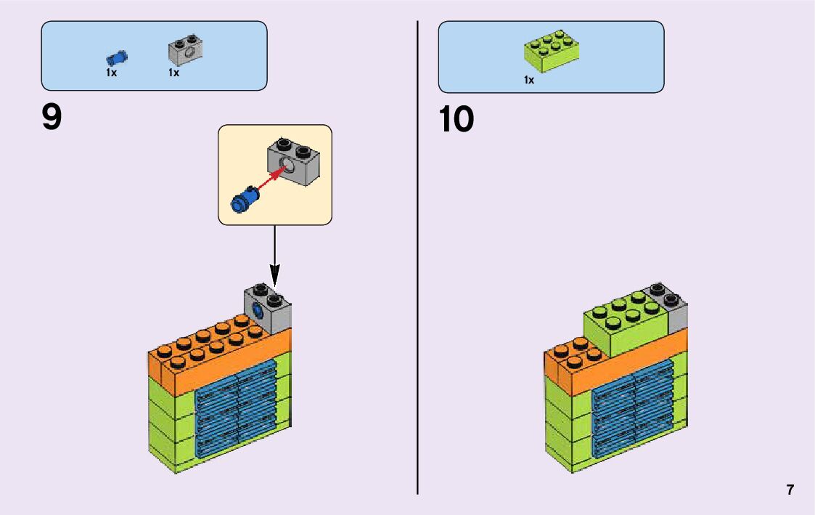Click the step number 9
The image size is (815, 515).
[52, 118]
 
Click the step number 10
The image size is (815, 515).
[456, 120]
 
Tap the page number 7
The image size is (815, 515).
[790, 490]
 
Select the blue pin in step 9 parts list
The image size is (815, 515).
[116, 57]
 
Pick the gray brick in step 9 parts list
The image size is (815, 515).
[185, 51]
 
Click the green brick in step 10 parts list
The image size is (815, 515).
[552, 51]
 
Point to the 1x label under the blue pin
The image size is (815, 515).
[111, 73]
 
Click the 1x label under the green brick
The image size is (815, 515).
[529, 80]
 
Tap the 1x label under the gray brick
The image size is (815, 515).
[173, 73]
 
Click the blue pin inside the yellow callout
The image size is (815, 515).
[242, 200]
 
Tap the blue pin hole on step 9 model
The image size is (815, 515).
[257, 312]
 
